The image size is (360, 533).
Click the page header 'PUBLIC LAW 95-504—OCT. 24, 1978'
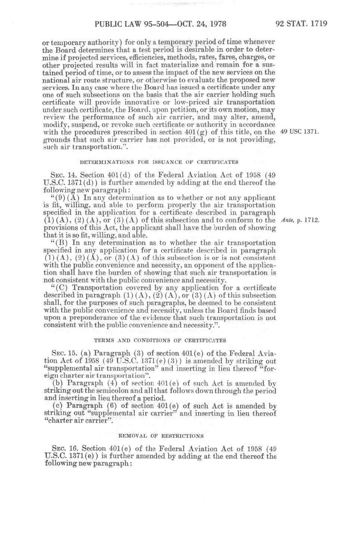tap(160, 24)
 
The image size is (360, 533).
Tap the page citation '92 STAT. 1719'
tap(301, 24)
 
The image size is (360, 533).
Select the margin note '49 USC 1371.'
tap(300, 132)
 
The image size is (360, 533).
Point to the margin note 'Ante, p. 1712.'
tap(300, 220)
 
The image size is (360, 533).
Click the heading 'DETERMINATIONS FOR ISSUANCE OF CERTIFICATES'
tap(159, 162)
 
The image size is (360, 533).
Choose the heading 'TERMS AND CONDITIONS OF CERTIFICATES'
tap(160, 341)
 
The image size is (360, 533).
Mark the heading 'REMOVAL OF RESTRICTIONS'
tap(161, 436)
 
